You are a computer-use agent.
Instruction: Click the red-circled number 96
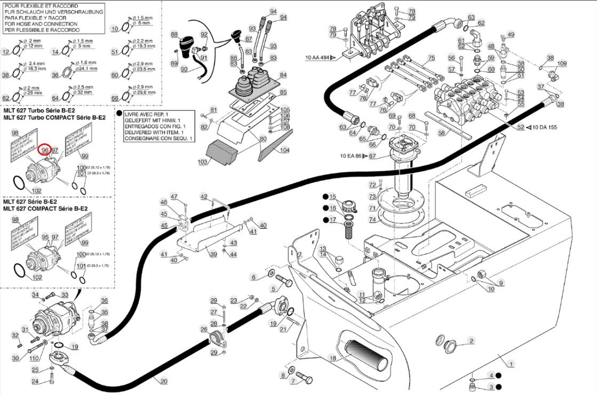[x=45, y=150]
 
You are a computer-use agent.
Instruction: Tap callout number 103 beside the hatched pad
[x=202, y=161]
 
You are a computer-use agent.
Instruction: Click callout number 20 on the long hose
[x=163, y=381]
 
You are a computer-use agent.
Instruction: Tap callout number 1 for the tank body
[x=511, y=364]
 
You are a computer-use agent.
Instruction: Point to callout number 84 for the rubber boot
[x=283, y=75]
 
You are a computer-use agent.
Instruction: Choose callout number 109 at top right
[x=561, y=64]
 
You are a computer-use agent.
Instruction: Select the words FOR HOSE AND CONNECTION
[x=41, y=24]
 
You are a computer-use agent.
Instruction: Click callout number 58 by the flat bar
[x=441, y=132]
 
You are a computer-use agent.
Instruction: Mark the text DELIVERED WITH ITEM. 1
[x=154, y=132]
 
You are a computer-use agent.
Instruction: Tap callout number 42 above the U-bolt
[x=203, y=197]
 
